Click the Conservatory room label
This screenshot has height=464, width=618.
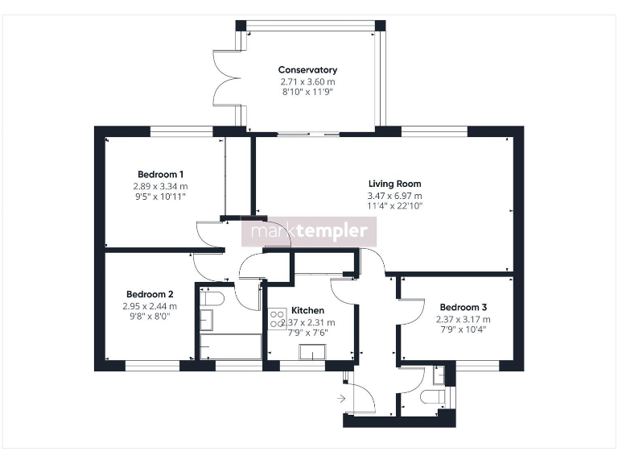pyautogui.click(x=307, y=70)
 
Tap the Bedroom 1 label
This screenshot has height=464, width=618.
pyautogui.click(x=161, y=174)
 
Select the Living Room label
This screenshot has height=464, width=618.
pyautogui.click(x=394, y=184)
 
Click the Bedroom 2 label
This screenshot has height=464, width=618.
pyautogui.click(x=150, y=294)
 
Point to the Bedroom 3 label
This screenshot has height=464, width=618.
pyautogui.click(x=463, y=307)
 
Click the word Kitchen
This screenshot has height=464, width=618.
pyautogui.click(x=307, y=310)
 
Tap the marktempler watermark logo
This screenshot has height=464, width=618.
pyautogui.click(x=310, y=232)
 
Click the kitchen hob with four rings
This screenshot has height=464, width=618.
pyautogui.click(x=278, y=318)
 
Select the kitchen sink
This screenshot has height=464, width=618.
pyautogui.click(x=312, y=351)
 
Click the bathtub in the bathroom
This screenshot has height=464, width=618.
pyautogui.click(x=230, y=347)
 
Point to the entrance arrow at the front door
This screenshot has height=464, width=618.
pyautogui.click(x=341, y=398)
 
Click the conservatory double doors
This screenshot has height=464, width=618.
pyautogui.click(x=228, y=78)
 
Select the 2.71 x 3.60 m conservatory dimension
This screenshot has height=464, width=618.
pyautogui.click(x=307, y=81)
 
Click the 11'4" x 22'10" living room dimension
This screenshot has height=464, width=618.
pyautogui.click(x=394, y=206)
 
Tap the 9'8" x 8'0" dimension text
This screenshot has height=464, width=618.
pyautogui.click(x=150, y=317)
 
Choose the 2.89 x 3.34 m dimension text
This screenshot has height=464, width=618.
pyautogui.click(x=161, y=185)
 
